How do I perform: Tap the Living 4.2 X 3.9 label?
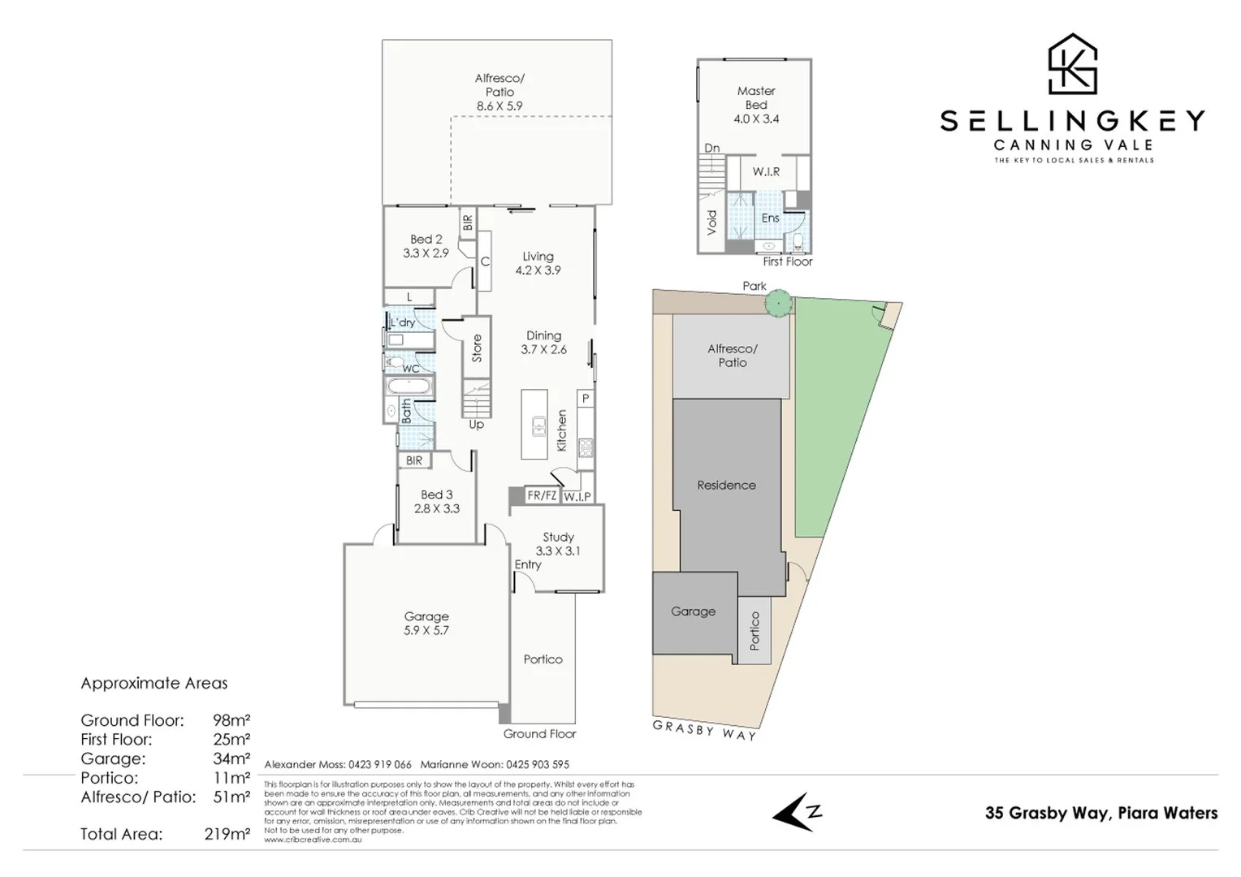click(x=538, y=263)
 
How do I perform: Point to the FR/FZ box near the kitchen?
click(x=542, y=495)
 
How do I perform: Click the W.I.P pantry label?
click(x=577, y=496)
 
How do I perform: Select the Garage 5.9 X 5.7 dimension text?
click(x=426, y=630)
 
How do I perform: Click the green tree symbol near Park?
click(x=778, y=303)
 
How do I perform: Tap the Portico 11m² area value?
click(x=231, y=778)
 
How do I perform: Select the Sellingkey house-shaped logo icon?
click(x=1073, y=64)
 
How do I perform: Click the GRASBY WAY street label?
click(x=705, y=730)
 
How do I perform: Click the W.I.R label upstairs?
click(x=766, y=172)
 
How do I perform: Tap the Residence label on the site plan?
click(x=726, y=485)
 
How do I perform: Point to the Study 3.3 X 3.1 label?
click(x=558, y=543)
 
